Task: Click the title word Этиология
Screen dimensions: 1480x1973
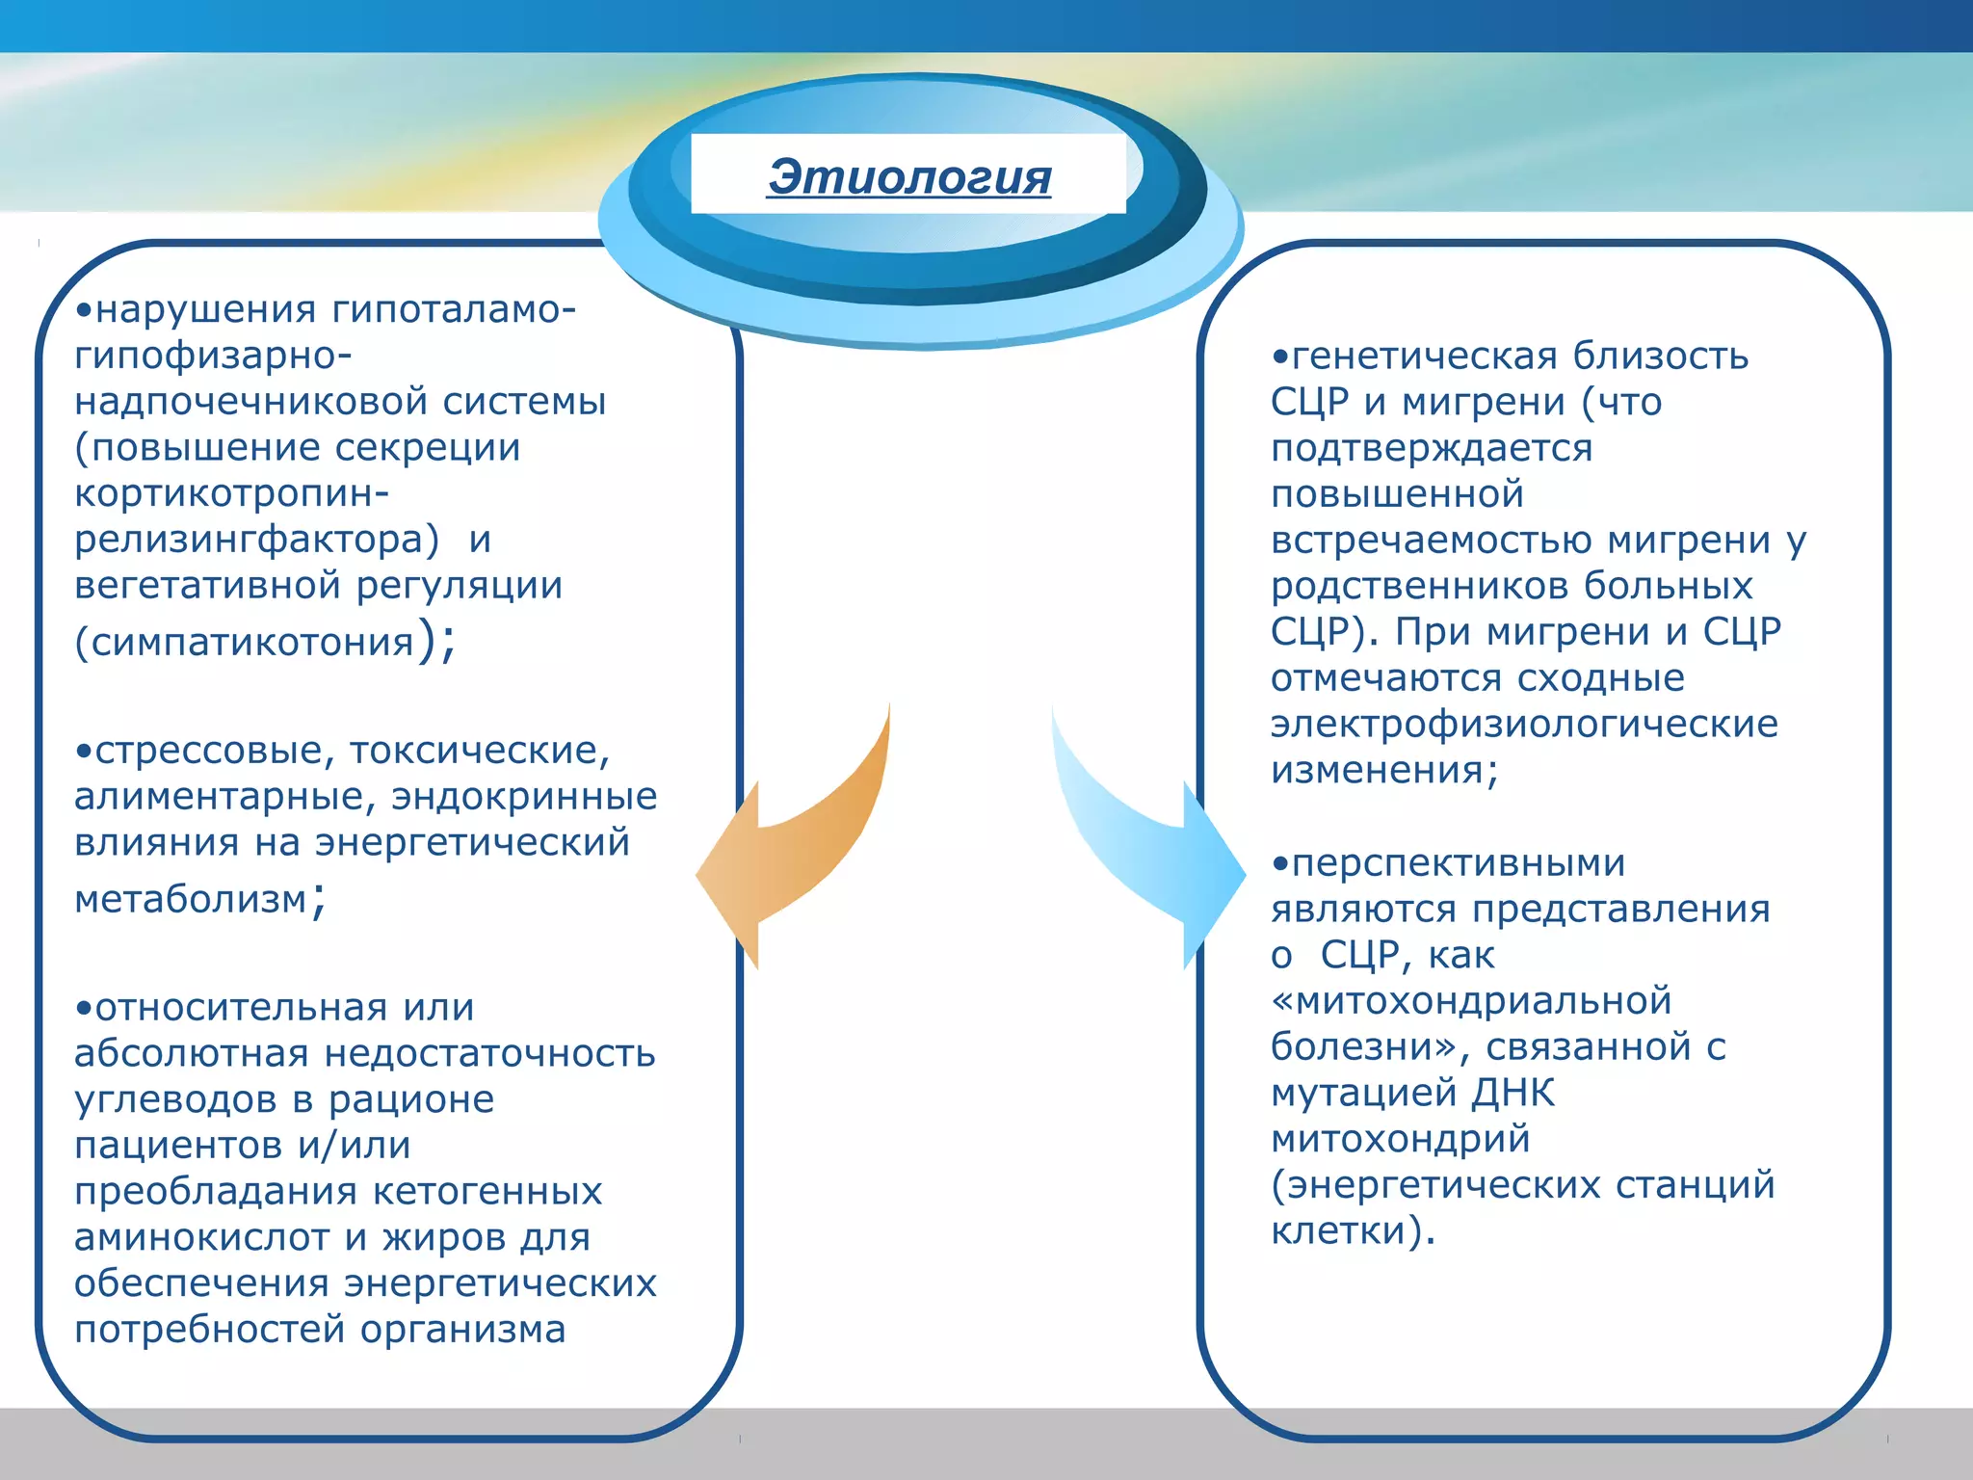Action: tap(908, 177)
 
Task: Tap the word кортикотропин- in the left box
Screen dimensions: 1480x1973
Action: tap(231, 493)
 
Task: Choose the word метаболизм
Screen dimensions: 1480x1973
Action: tap(190, 900)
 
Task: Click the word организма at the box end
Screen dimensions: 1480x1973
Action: tap(463, 1330)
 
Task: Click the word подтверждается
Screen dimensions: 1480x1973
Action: tap(1432, 449)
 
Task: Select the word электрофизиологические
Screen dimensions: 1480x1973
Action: tap(1524, 725)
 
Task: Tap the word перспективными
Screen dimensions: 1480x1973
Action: tap(1458, 863)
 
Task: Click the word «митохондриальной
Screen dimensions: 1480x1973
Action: tap(1471, 1001)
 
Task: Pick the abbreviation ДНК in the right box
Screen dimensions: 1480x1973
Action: tap(1513, 1094)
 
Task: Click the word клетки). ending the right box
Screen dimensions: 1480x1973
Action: tap(1352, 1231)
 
